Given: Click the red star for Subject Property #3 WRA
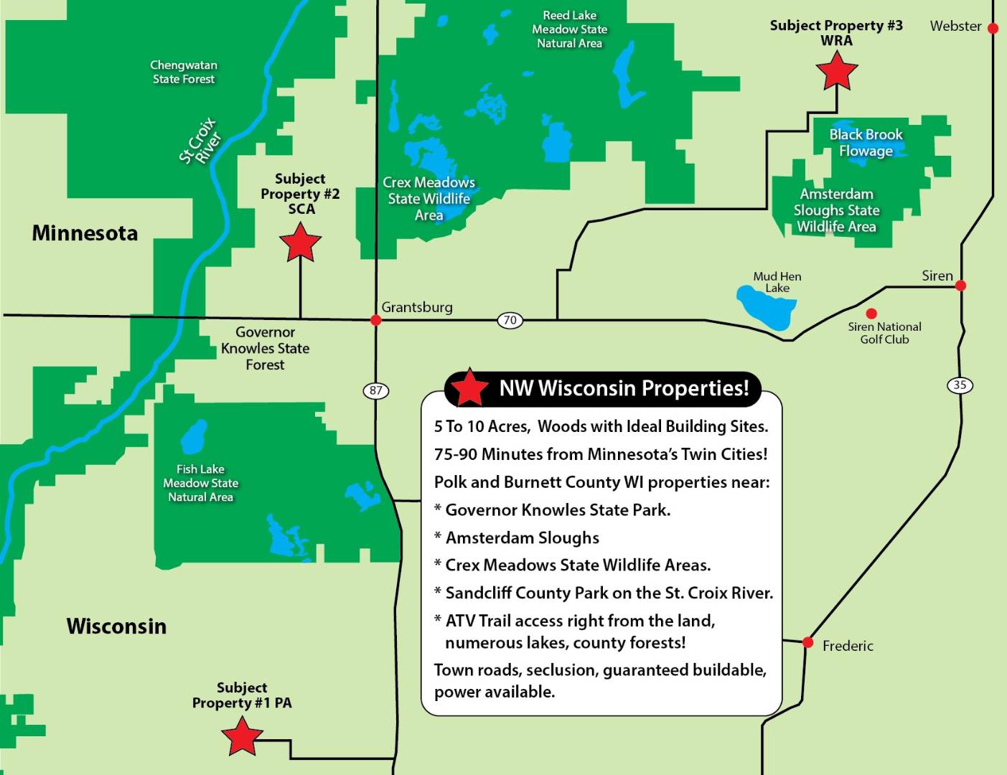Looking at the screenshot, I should pyautogui.click(x=837, y=72).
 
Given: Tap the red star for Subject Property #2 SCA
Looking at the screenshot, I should pyautogui.click(x=300, y=243).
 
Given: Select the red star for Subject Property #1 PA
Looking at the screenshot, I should pyautogui.click(x=242, y=737).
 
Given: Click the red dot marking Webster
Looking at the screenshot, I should pyautogui.click(x=993, y=28).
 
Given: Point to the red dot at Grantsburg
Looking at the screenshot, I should pyautogui.click(x=375, y=320).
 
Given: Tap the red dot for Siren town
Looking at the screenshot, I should pyautogui.click(x=960, y=286).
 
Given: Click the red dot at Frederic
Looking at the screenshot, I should pyautogui.click(x=808, y=642).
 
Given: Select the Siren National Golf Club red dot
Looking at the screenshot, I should pyautogui.click(x=871, y=314).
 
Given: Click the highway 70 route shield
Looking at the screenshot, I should pyautogui.click(x=510, y=320).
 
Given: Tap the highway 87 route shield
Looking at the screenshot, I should pyautogui.click(x=375, y=390).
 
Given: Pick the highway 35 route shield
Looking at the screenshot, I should pyautogui.click(x=960, y=385).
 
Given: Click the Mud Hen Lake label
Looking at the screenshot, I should pyautogui.click(x=777, y=282).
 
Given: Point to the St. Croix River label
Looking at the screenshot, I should pyautogui.click(x=200, y=141).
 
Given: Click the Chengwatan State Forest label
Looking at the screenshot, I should pyautogui.click(x=184, y=72).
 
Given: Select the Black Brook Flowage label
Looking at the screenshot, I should pyautogui.click(x=866, y=142).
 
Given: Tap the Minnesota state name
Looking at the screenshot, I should pyautogui.click(x=85, y=233).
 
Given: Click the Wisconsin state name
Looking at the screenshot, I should pyautogui.click(x=116, y=626).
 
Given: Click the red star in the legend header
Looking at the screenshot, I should pyautogui.click(x=469, y=388).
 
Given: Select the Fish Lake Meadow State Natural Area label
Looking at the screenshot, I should pyautogui.click(x=200, y=483).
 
